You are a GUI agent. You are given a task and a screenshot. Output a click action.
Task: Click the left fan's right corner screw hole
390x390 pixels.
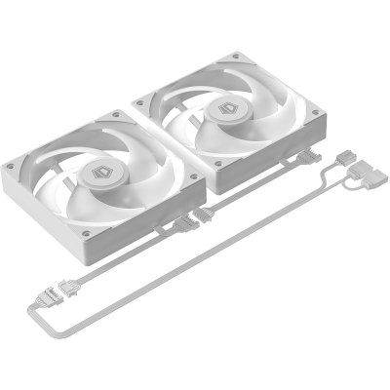click(197, 177)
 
